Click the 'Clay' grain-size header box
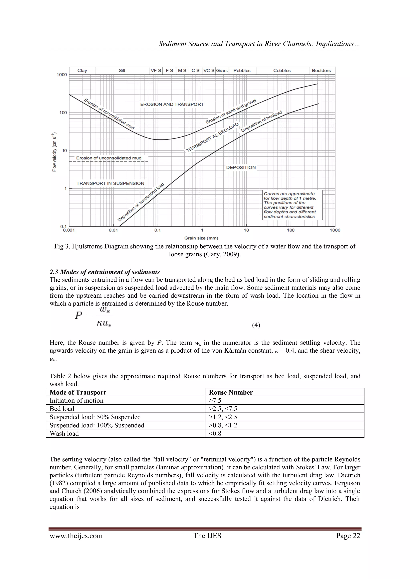[x=82, y=71]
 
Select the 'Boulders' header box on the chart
[x=321, y=71]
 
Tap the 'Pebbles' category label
[x=242, y=71]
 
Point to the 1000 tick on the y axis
[x=62, y=75]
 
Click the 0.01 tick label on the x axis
[x=113, y=230]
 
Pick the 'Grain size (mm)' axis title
[x=201, y=238]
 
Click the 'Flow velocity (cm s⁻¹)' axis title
[x=54, y=152]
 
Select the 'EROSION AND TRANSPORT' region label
[x=172, y=104]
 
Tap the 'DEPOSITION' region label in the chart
[x=241, y=167]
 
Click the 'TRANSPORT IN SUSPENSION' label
[x=110, y=183]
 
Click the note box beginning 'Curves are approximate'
[x=292, y=205]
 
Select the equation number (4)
[x=256, y=325]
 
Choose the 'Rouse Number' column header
[x=231, y=392]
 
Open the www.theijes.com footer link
[x=76, y=536]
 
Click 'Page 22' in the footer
[x=348, y=536]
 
